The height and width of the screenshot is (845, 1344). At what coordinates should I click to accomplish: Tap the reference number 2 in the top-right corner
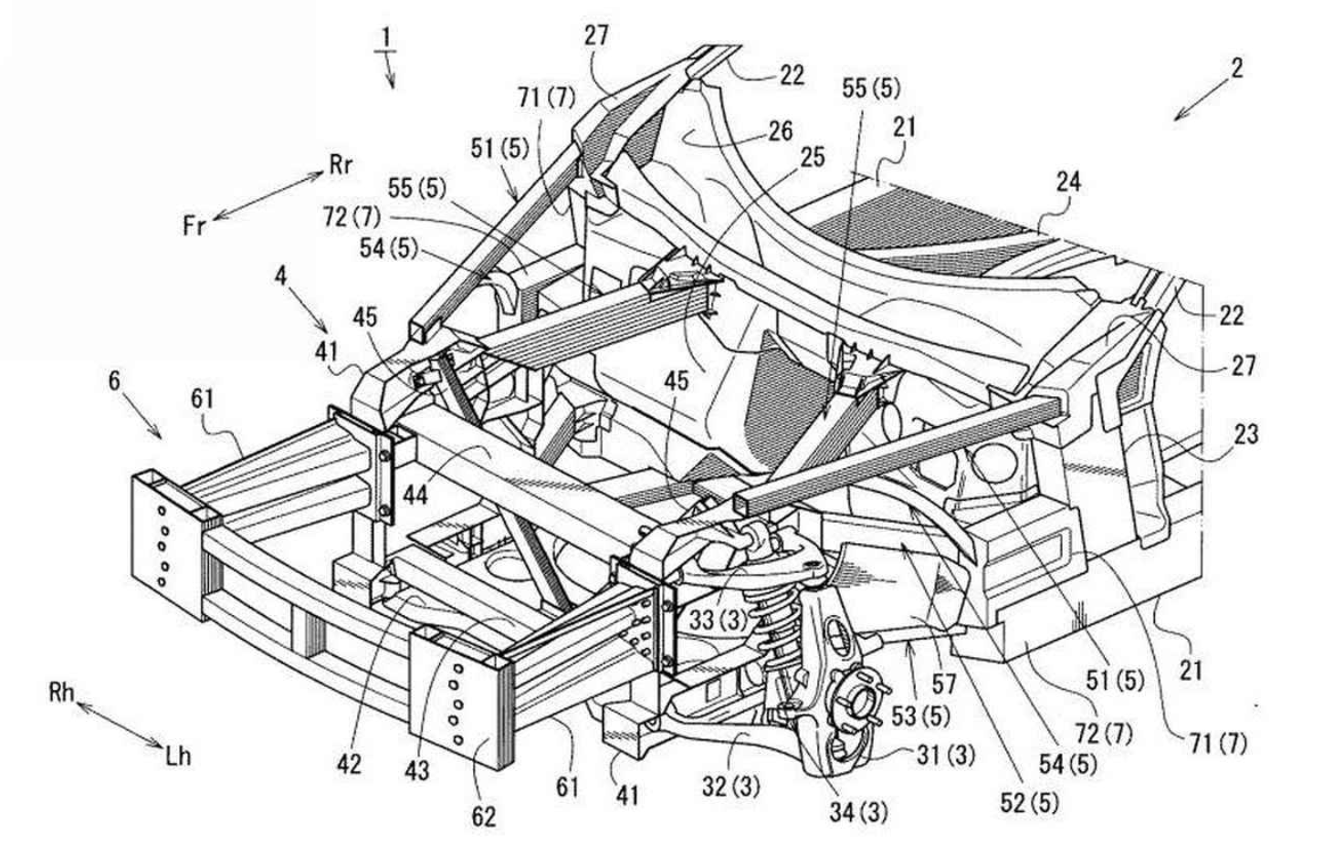(x=1236, y=68)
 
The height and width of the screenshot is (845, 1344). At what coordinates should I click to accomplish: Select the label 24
(x=1068, y=182)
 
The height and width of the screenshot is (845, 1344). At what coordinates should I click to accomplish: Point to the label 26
(x=780, y=131)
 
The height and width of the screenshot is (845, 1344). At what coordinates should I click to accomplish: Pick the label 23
(x=1244, y=433)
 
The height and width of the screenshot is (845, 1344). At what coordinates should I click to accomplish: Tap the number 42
(x=349, y=764)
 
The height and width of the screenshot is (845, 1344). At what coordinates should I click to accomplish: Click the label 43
(x=416, y=771)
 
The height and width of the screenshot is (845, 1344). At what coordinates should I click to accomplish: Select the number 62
(x=483, y=815)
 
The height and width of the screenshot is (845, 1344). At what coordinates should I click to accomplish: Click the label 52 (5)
(x=1030, y=803)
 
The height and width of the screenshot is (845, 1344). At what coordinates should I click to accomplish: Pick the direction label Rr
(x=341, y=164)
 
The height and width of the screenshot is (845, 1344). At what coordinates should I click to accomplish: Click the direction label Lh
(x=179, y=756)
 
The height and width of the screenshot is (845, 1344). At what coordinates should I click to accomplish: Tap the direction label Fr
(x=194, y=224)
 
